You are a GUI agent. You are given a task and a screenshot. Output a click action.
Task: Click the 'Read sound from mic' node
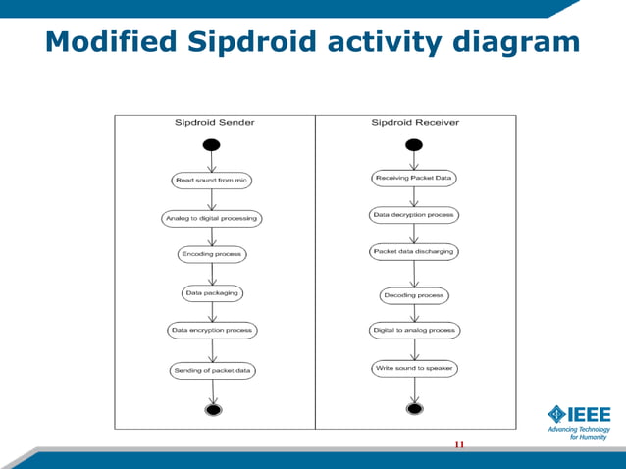(x=212, y=181)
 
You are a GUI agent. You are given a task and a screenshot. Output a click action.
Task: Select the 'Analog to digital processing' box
(x=212, y=218)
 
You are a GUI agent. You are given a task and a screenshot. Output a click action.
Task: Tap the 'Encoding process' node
(x=212, y=254)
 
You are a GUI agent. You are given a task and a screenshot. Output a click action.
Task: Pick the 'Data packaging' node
(x=212, y=292)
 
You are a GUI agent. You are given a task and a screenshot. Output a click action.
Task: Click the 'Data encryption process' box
(x=212, y=330)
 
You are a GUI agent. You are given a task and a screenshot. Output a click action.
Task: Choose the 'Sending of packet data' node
(x=212, y=371)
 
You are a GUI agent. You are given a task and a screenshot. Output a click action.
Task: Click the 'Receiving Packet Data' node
(x=414, y=178)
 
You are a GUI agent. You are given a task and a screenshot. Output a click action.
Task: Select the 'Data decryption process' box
(x=414, y=214)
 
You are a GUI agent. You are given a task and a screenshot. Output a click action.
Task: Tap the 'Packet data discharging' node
(x=414, y=251)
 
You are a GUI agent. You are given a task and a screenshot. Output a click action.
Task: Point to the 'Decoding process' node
(x=414, y=294)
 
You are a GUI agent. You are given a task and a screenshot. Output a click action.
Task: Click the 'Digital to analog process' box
(x=414, y=330)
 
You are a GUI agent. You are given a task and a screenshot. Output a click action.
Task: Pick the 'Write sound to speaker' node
(x=414, y=368)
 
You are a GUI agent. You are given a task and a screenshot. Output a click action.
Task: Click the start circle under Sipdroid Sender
(x=212, y=145)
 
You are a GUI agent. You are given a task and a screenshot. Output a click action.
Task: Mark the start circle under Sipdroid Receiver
(x=414, y=145)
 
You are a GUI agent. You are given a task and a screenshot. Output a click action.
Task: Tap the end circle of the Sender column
(x=212, y=408)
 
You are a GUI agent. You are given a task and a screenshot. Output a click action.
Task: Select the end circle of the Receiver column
(x=414, y=408)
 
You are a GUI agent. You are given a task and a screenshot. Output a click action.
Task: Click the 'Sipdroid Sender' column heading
(x=215, y=123)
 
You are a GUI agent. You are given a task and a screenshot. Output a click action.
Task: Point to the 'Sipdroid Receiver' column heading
(x=415, y=123)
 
